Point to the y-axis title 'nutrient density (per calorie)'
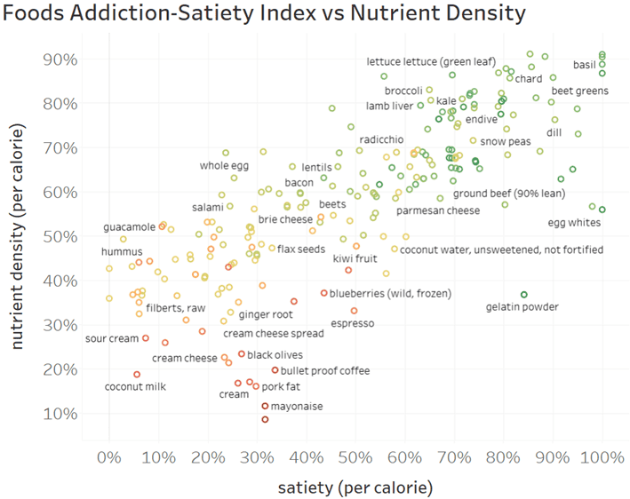(x=18, y=235)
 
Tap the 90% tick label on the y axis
(x=59, y=59)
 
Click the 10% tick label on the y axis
(x=59, y=414)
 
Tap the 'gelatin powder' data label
(x=522, y=307)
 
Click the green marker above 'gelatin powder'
(x=524, y=294)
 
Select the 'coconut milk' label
(x=136, y=386)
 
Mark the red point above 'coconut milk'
(x=137, y=375)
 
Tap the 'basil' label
(x=585, y=65)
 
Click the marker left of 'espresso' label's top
(x=354, y=311)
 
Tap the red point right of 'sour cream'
(x=146, y=338)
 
